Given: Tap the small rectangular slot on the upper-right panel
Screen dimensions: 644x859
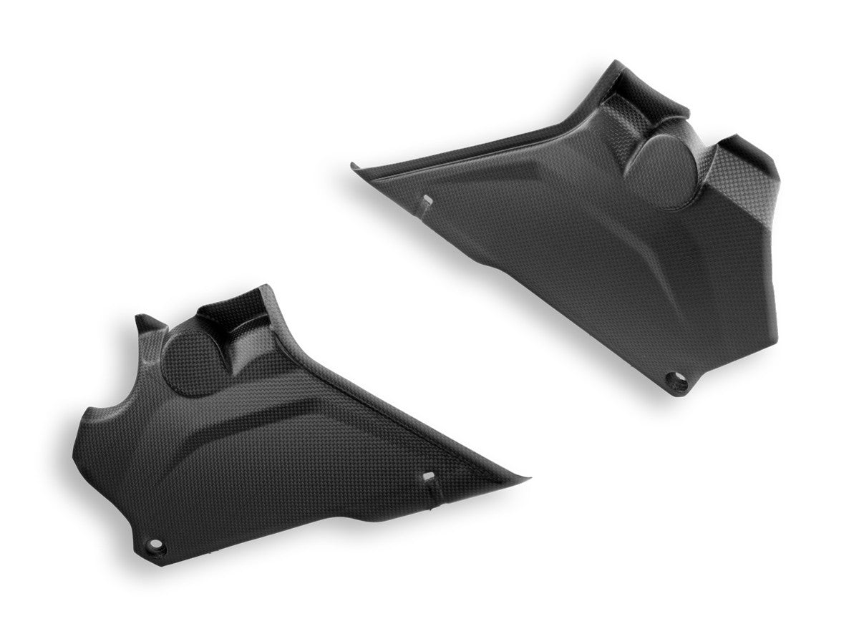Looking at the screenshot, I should tap(427, 200).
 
